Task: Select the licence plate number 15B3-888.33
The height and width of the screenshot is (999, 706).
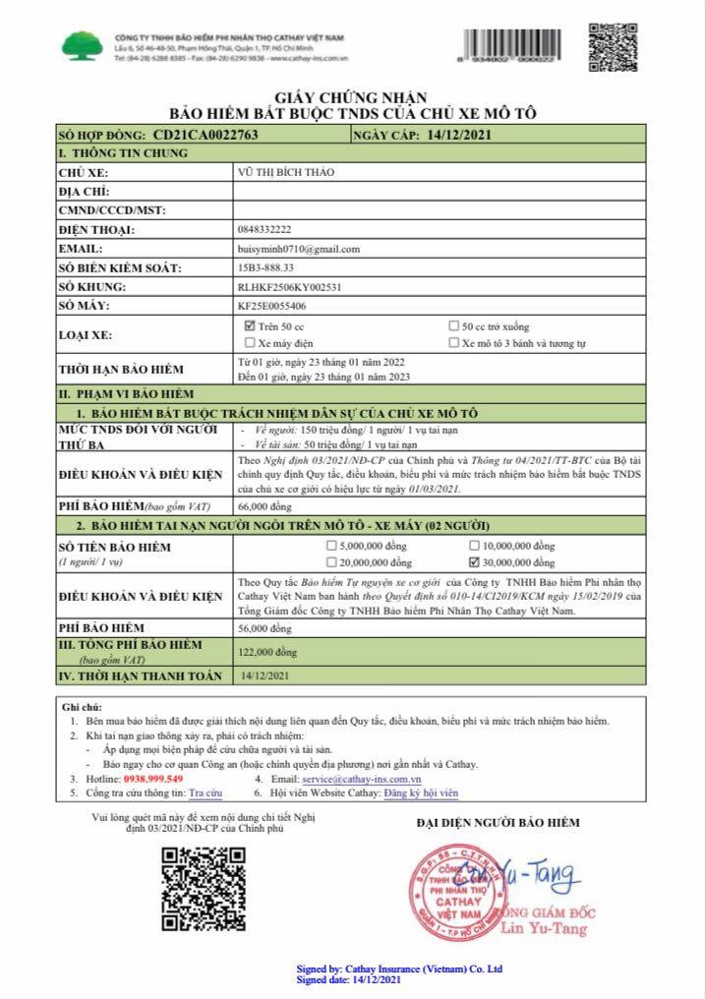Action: tap(266, 267)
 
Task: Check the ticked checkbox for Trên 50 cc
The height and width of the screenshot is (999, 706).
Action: tap(249, 325)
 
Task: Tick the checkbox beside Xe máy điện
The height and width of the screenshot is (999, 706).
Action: tap(249, 343)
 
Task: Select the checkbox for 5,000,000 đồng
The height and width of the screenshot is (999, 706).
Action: tap(330, 545)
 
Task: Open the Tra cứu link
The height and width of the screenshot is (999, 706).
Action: tap(206, 792)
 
